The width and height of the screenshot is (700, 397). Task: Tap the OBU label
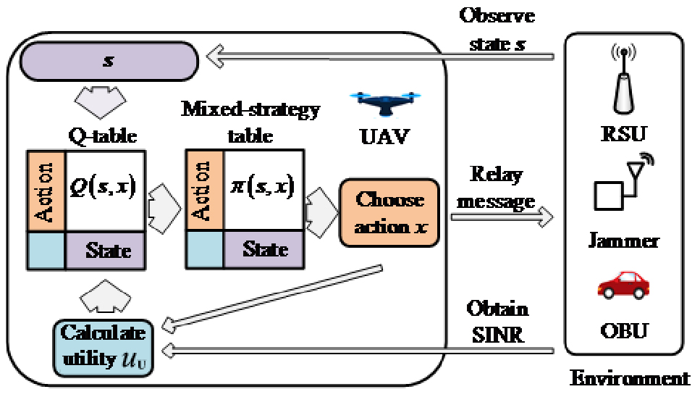(x=624, y=333)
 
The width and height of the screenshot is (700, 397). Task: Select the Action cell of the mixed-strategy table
(x=197, y=191)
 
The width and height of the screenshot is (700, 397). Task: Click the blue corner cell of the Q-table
(x=45, y=250)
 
